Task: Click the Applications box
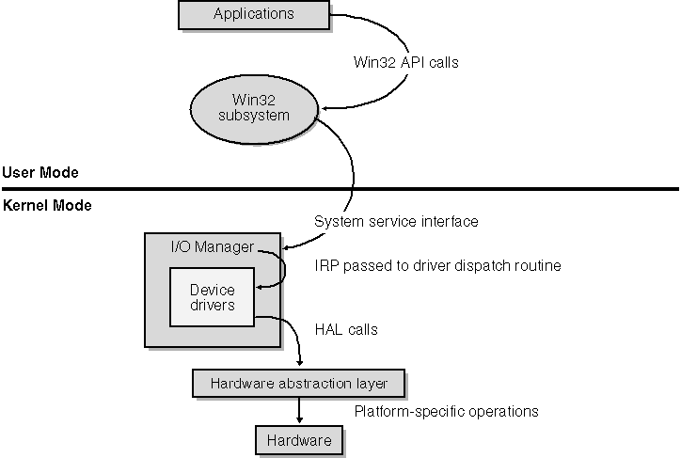[253, 14]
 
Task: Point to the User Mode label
[40, 172]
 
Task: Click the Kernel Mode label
[46, 205]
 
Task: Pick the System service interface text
[396, 222]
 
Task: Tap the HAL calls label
[345, 330]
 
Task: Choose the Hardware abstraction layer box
[298, 384]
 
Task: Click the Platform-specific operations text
[445, 411]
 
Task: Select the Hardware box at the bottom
[298, 440]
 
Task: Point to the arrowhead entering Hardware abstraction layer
[299, 365]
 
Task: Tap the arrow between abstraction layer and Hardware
[299, 410]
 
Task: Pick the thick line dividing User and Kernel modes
[340, 188]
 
